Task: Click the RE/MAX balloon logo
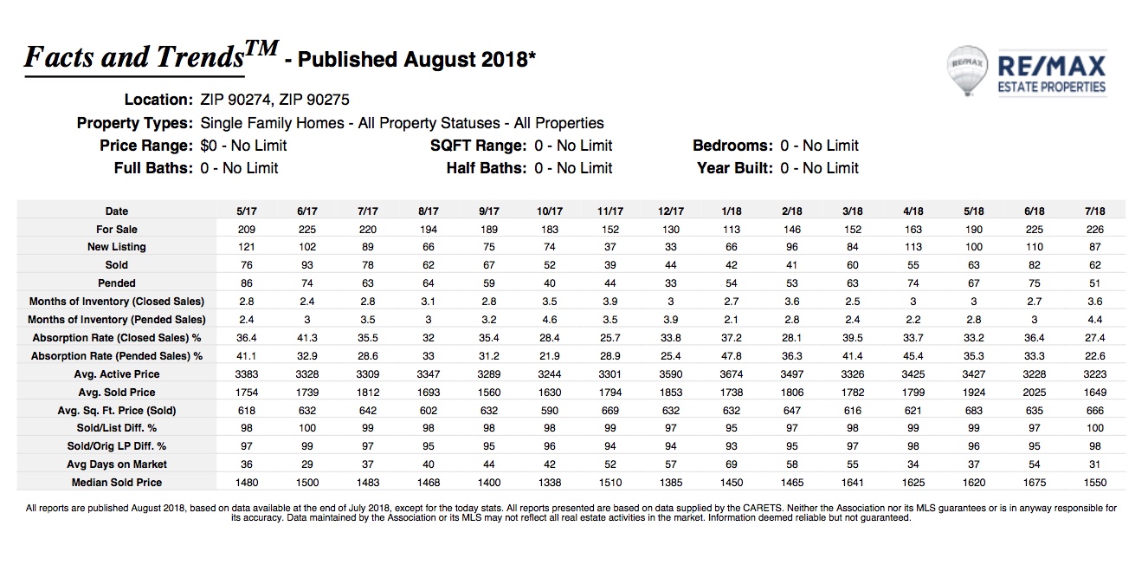pyautogui.click(x=966, y=71)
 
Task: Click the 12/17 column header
pyautogui.click(x=671, y=211)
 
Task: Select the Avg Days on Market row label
pyautogui.click(x=117, y=464)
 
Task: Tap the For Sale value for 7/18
pyautogui.click(x=1094, y=230)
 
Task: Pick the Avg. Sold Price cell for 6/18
pyautogui.click(x=1035, y=393)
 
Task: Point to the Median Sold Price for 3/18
pyautogui.click(x=852, y=483)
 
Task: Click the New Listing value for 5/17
pyautogui.click(x=247, y=247)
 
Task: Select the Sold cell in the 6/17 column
pyautogui.click(x=307, y=265)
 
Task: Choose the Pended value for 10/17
pyautogui.click(x=550, y=283)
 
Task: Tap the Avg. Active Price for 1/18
pyautogui.click(x=732, y=374)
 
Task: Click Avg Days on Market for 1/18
pyautogui.click(x=732, y=464)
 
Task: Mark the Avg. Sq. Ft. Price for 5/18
pyautogui.click(x=974, y=410)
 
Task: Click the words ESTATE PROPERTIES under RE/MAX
pyautogui.click(x=1052, y=88)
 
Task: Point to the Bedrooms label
pyautogui.click(x=732, y=146)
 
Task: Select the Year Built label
pyautogui.click(x=734, y=168)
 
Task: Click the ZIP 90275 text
pyautogui.click(x=313, y=100)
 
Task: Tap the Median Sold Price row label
pyautogui.click(x=117, y=483)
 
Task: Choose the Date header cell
pyautogui.click(x=117, y=211)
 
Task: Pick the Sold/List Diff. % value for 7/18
pyautogui.click(x=1094, y=428)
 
